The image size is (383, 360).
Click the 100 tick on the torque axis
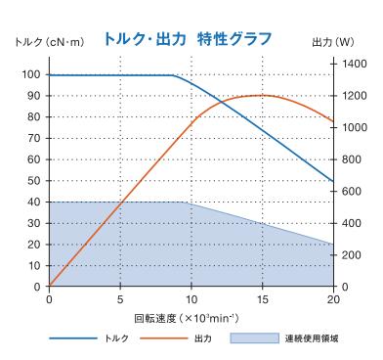[33, 74]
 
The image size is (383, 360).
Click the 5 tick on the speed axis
[120, 298]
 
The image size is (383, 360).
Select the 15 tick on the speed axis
[262, 298]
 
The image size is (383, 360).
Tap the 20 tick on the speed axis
[333, 298]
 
